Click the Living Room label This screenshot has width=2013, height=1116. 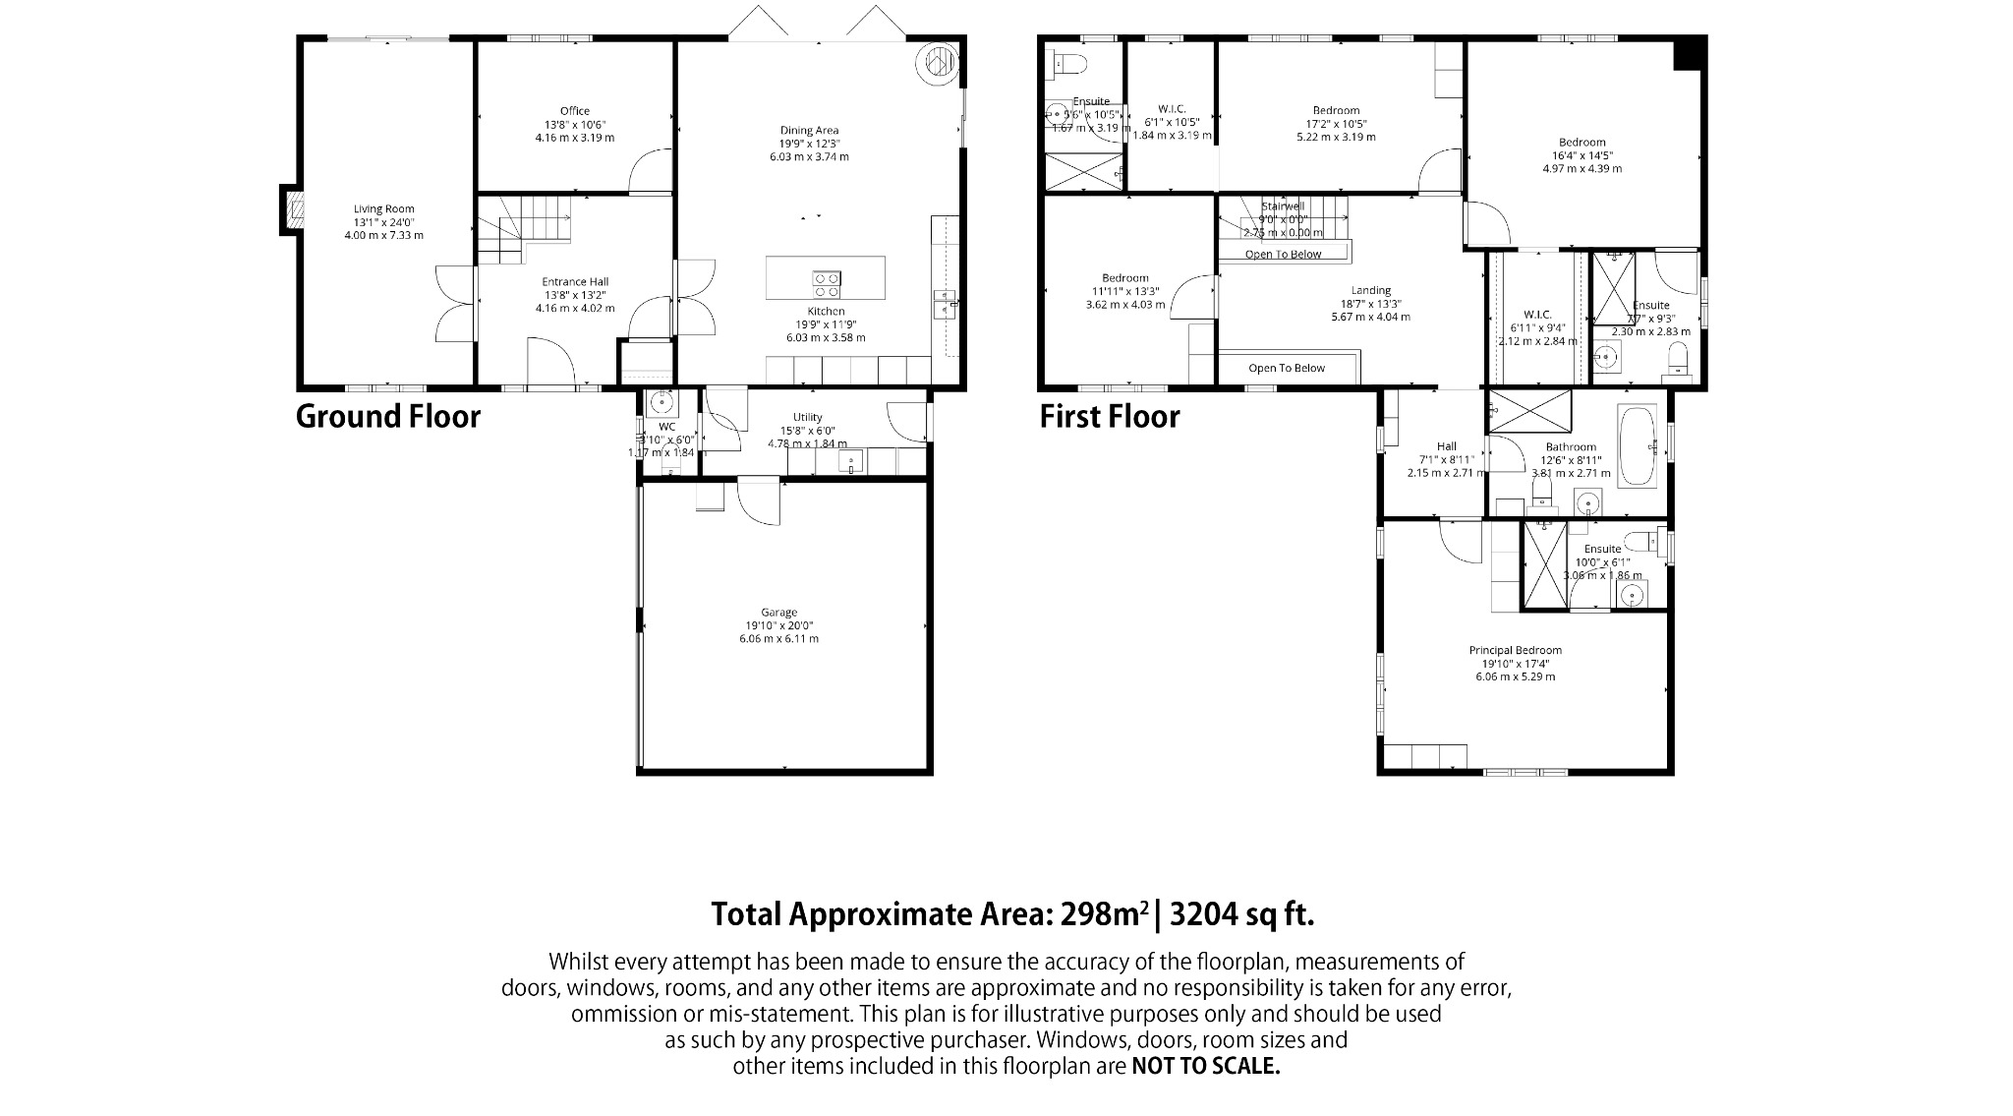(384, 208)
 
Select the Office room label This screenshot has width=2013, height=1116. (575, 111)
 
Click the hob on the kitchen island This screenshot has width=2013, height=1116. (826, 284)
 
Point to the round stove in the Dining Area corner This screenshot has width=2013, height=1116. (937, 63)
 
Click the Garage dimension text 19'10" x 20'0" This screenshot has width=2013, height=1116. (778, 625)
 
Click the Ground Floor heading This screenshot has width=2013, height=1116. (388, 417)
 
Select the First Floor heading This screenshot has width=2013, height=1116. (1110, 417)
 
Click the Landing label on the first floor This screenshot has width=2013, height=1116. (1370, 290)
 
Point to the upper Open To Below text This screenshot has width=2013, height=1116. (1284, 255)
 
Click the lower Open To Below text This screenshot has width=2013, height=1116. (1287, 368)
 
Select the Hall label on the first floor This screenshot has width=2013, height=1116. (1446, 446)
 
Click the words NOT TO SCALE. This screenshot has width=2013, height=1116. (1206, 1066)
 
